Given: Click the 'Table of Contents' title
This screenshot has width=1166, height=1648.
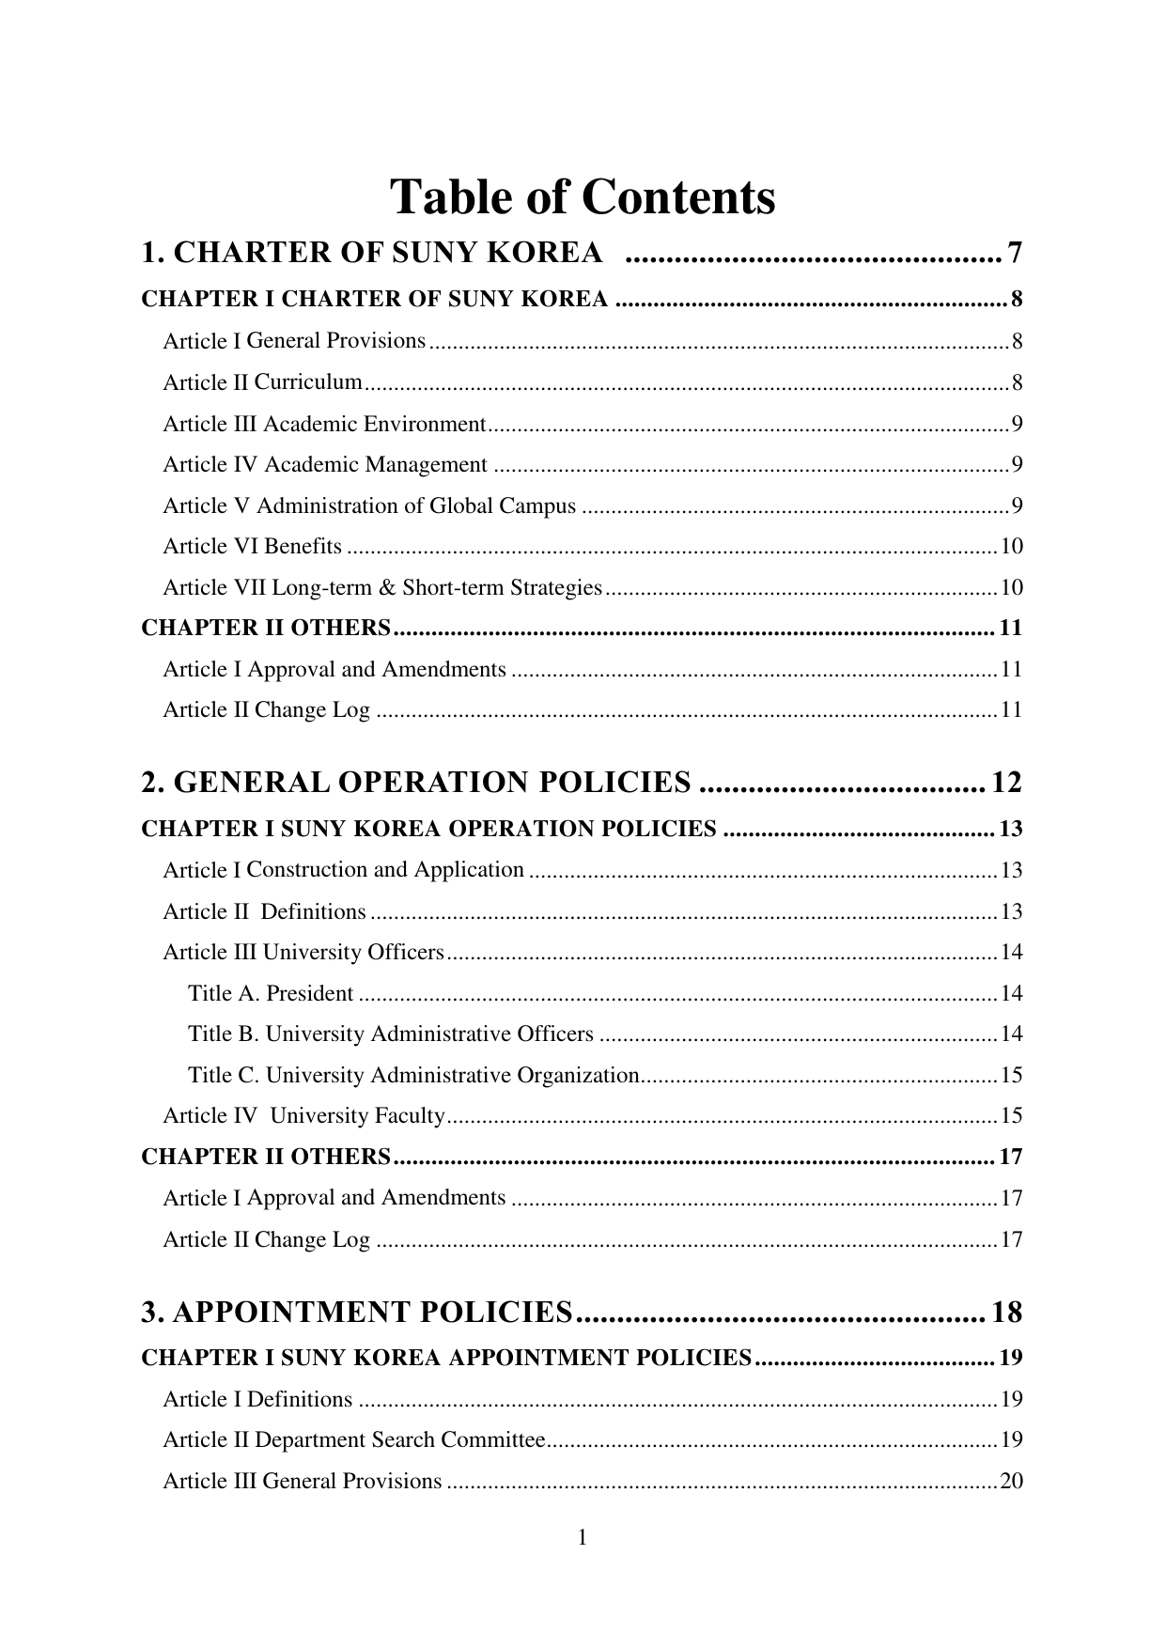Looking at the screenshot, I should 583,197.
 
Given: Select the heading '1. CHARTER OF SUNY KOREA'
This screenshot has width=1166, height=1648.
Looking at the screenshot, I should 371,253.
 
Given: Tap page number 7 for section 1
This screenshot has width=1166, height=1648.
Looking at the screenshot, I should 1013,253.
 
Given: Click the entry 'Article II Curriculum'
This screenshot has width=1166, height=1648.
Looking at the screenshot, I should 262,382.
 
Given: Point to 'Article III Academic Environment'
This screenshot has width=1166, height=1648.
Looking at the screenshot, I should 324,424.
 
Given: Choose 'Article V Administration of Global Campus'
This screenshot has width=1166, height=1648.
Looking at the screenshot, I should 369,506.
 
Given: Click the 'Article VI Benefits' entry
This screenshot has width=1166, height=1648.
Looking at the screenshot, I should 252,547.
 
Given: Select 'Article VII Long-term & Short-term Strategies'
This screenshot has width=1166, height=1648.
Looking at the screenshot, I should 382,588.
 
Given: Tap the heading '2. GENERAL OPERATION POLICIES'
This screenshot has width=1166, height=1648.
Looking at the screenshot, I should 416,782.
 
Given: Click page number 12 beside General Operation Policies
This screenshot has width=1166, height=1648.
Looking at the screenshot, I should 1006,782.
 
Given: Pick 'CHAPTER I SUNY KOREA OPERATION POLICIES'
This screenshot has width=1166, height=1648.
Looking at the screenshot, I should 428,829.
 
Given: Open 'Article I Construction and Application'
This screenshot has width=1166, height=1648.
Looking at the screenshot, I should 343,870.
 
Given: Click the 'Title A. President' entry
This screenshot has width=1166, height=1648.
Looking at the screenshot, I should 271,993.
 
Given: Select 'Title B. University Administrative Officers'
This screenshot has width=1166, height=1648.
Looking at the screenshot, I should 391,1034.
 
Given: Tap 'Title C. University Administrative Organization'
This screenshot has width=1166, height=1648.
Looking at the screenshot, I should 414,1075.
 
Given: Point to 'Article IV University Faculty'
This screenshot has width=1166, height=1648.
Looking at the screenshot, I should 303,1116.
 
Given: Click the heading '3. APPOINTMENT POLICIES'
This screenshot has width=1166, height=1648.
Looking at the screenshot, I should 357,1312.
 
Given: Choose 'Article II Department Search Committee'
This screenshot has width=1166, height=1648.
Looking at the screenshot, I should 354,1440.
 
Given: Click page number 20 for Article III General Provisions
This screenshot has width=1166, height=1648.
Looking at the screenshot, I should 1011,1482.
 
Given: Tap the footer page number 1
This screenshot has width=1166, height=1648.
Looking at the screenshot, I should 583,1538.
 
